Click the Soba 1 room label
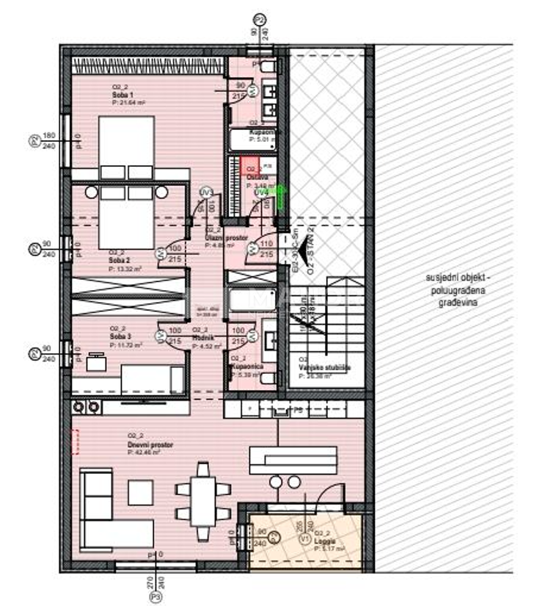click(x=122, y=95)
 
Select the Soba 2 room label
click(x=120, y=261)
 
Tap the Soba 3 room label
click(x=120, y=336)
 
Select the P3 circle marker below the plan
click(x=156, y=599)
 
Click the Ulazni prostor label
click(x=220, y=239)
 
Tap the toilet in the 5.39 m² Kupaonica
click(x=268, y=379)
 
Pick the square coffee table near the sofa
click(x=140, y=491)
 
